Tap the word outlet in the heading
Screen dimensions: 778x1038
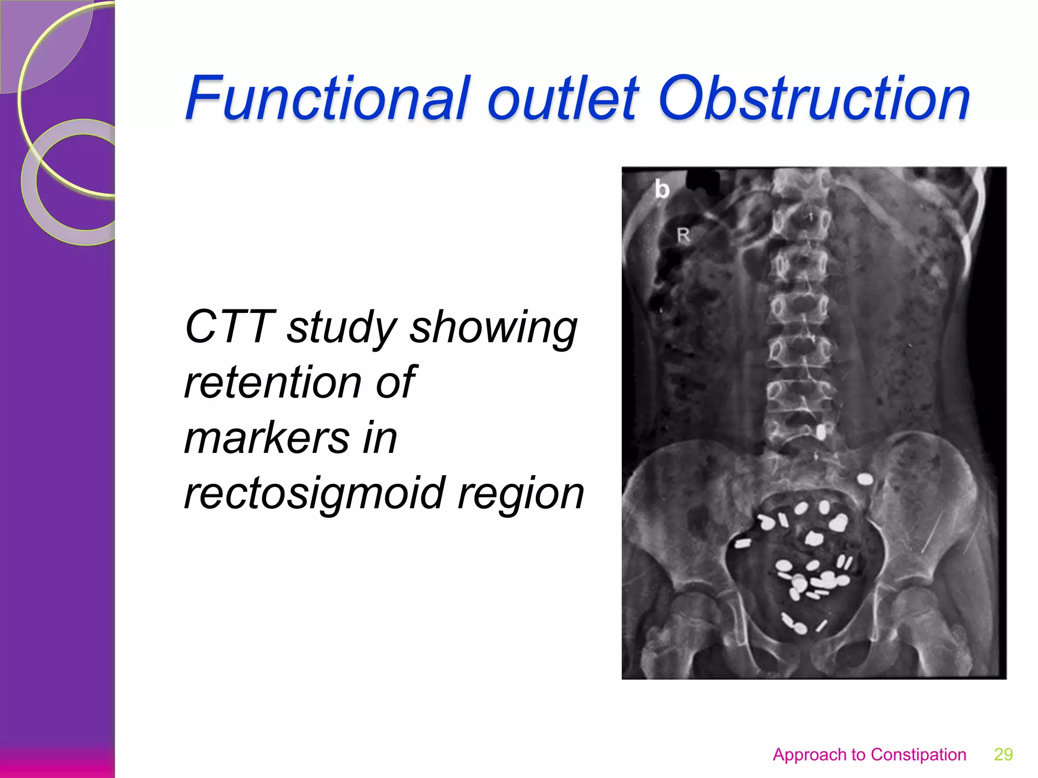click(563, 99)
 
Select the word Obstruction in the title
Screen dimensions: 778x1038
click(814, 99)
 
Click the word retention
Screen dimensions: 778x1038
click(272, 382)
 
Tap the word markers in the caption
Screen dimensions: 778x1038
click(267, 438)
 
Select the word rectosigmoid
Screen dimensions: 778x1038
click(314, 494)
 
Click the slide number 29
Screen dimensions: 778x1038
click(1003, 754)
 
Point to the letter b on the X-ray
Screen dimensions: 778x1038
click(661, 189)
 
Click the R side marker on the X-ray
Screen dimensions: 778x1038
click(683, 235)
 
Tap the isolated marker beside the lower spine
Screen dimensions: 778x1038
click(821, 432)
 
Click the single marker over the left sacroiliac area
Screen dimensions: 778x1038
click(865, 479)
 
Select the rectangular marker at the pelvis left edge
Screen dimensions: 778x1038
click(743, 543)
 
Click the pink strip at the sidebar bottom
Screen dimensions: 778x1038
click(57, 763)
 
